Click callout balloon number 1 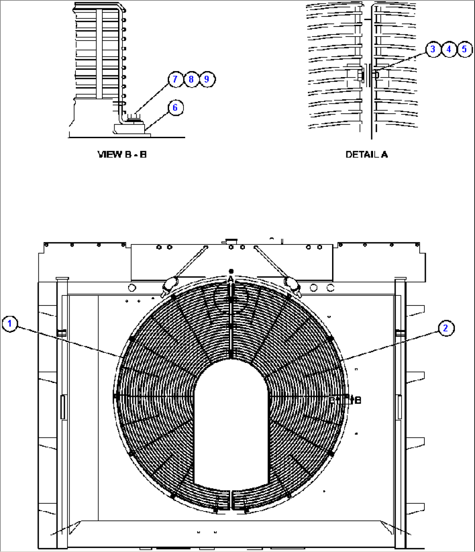(x=10, y=325)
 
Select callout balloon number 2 (x=445, y=328)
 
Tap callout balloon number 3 (x=432, y=49)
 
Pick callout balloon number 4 (x=448, y=49)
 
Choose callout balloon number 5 (x=464, y=49)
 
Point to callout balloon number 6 (x=175, y=108)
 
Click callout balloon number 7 (x=175, y=79)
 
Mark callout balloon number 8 (x=191, y=79)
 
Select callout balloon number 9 (x=207, y=79)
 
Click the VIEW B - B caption (x=122, y=154)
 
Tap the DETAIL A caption (x=366, y=154)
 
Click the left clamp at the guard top (x=169, y=284)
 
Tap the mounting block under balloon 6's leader (x=129, y=128)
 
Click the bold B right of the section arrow (x=358, y=400)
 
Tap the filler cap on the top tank (x=229, y=241)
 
